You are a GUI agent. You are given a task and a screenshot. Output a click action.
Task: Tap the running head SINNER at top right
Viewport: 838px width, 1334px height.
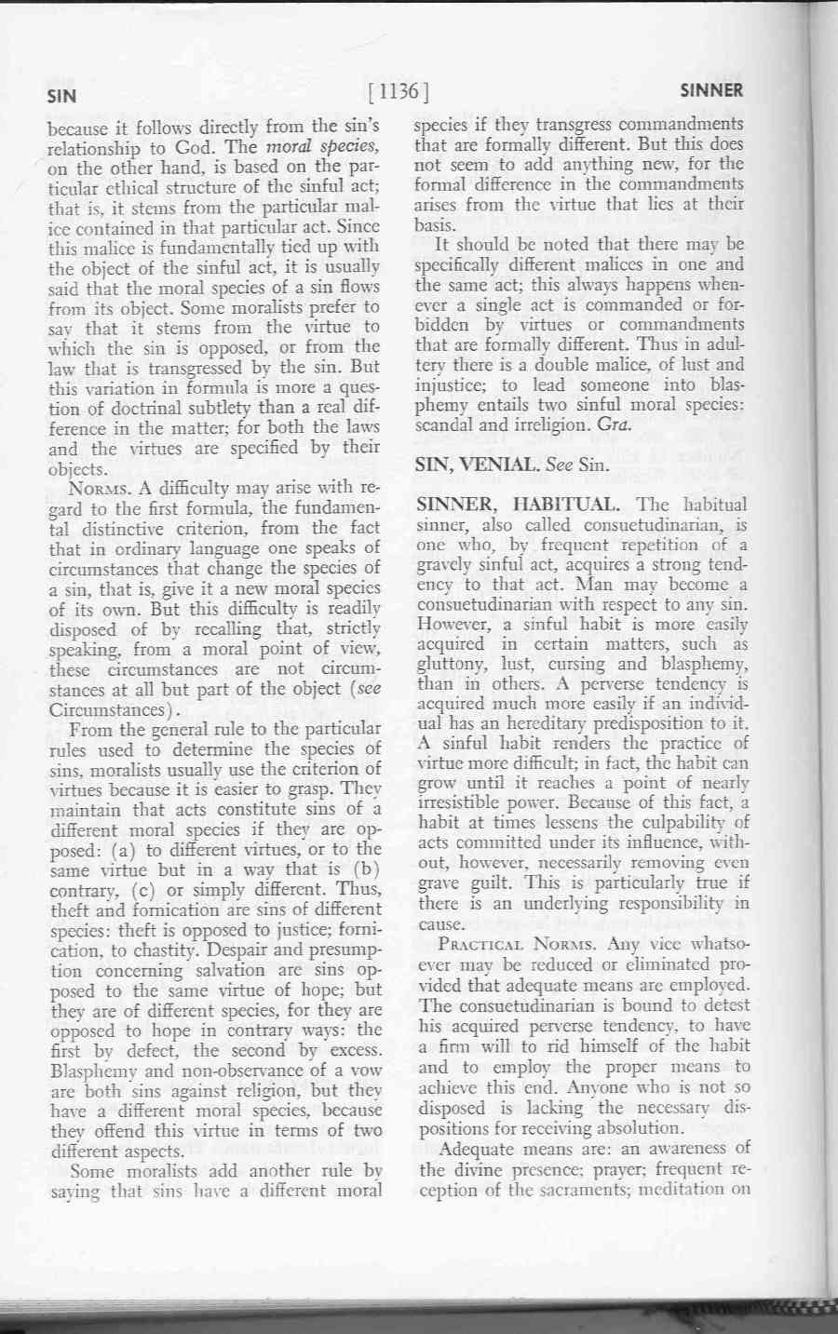point(711,90)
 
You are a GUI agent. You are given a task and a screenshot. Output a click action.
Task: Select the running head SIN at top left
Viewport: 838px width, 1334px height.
point(62,94)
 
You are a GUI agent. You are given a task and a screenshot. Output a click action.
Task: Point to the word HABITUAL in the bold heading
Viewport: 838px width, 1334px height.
point(567,505)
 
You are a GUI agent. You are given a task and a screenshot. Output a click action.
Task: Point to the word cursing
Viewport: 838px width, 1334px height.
point(574,665)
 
